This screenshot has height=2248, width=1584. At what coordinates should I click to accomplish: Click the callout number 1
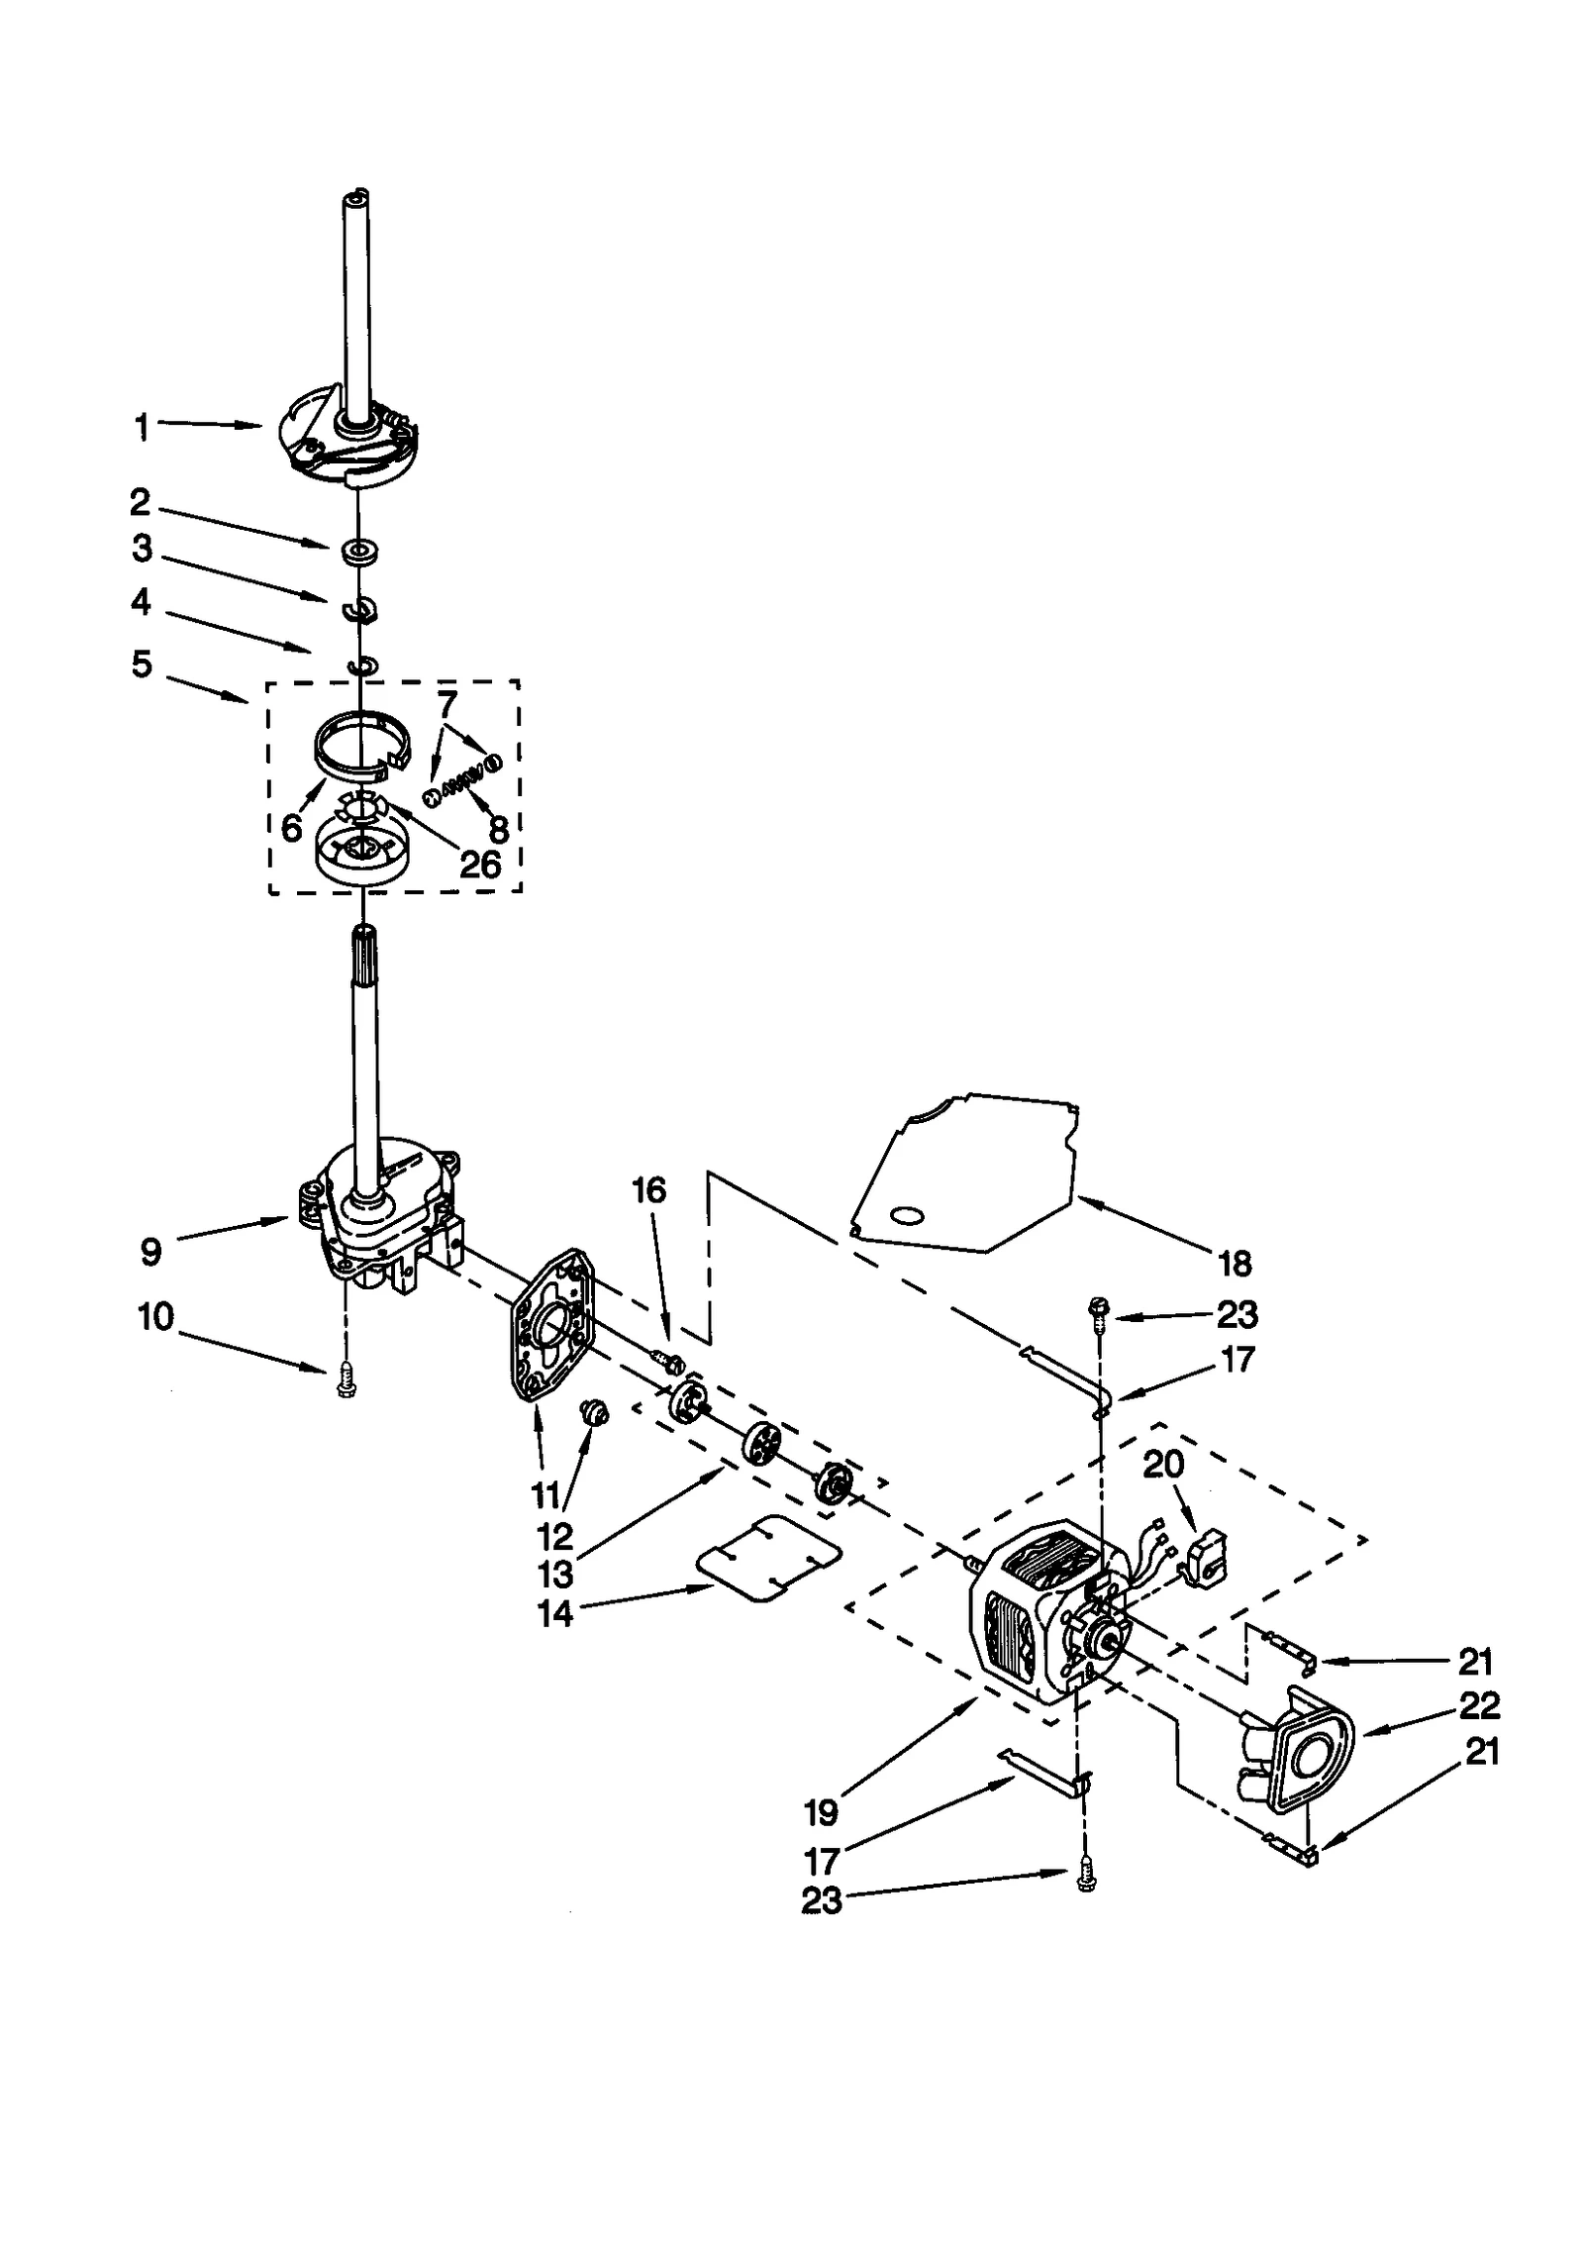point(143,428)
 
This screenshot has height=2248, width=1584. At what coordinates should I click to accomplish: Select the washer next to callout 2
point(361,550)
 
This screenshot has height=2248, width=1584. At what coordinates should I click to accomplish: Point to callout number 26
point(480,865)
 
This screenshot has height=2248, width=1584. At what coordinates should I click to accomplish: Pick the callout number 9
point(149,1252)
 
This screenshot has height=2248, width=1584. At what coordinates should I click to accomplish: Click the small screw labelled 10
point(346,1379)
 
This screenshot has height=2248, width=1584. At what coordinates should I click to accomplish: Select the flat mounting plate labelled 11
point(551,1325)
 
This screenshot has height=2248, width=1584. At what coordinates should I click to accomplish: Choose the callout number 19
point(821,1813)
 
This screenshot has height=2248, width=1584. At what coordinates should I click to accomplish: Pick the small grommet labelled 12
point(595,1413)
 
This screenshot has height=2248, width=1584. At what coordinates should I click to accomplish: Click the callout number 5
point(143,664)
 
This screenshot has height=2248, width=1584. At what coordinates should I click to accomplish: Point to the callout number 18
point(1235,1264)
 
